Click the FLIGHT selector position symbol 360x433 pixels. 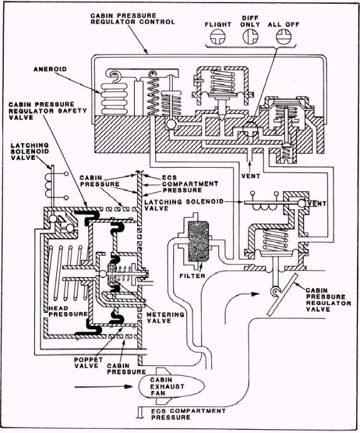point(218,37)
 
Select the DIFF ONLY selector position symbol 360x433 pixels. point(250,36)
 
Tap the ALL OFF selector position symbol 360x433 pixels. point(284,36)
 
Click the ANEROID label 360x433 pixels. point(50,69)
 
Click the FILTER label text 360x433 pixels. point(192,276)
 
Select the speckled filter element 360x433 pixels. point(198,242)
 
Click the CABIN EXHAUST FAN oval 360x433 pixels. point(171,387)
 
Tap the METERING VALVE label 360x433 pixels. point(165,318)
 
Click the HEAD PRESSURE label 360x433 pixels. point(68,311)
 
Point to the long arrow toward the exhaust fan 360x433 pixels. point(104,387)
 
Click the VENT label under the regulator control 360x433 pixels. point(251,176)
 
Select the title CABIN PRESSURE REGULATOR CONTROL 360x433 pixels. point(133,19)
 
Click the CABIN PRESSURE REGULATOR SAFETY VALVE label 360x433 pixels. point(48,111)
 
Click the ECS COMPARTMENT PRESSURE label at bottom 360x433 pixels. point(188,414)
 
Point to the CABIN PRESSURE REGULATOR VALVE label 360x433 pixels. point(328,300)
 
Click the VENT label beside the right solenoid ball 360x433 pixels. point(317,204)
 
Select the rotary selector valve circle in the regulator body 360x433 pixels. point(250,129)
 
